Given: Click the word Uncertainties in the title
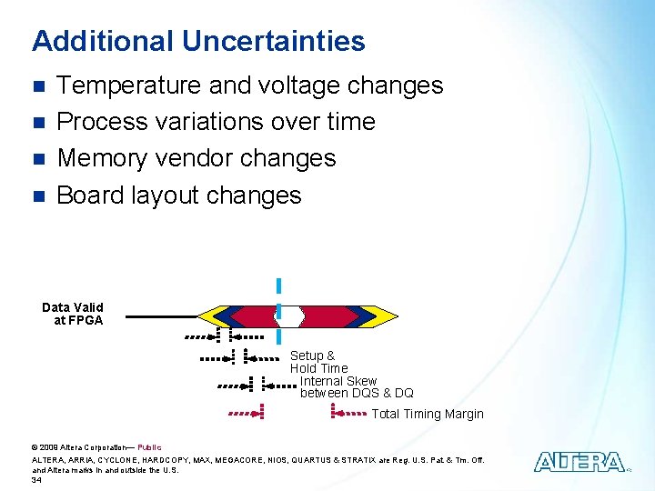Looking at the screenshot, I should [x=273, y=41].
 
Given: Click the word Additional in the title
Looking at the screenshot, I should [x=102, y=41].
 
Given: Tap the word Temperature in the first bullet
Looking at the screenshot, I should [x=129, y=85].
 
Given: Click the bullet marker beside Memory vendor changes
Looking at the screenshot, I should [x=37, y=159].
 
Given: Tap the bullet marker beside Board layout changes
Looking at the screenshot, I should [x=37, y=195].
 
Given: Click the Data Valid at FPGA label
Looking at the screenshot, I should [x=73, y=314].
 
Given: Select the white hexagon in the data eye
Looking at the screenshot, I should [x=288, y=316].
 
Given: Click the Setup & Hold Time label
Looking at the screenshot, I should [x=317, y=362].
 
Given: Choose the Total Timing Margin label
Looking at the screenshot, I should [x=428, y=414].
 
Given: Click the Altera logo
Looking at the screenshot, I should [x=579, y=462].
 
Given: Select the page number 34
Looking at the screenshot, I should [x=36, y=480].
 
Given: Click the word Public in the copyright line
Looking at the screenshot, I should [x=149, y=447].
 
